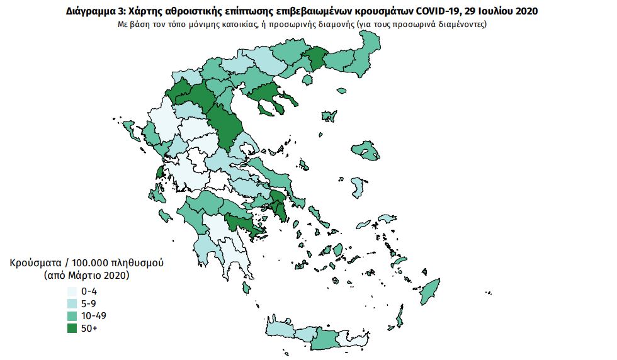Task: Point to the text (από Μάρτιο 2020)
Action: pyautogui.click(x=86, y=276)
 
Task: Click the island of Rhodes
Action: pyautogui.click(x=430, y=291)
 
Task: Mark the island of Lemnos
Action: pyautogui.click(x=328, y=116)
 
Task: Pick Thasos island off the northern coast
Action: pyautogui.click(x=308, y=80)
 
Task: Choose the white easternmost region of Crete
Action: pyautogui.click(x=347, y=339)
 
